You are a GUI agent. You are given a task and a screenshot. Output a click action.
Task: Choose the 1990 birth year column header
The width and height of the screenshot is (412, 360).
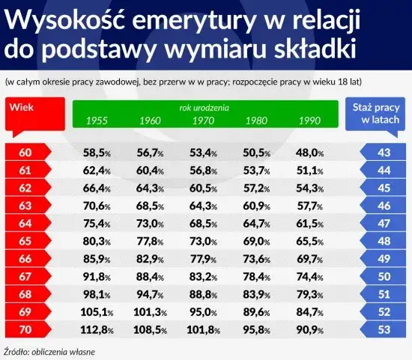coord(309,120)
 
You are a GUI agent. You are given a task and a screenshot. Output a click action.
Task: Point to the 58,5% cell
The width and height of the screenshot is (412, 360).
coord(98,153)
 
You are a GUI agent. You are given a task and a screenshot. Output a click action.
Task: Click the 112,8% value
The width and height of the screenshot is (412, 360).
coord(97,329)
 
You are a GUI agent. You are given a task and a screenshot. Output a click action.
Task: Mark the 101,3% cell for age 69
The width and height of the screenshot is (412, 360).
coord(150,311)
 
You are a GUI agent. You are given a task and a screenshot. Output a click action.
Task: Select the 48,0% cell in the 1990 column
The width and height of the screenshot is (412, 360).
coord(310,153)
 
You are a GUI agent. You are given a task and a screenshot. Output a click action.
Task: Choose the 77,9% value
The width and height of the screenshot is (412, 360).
coord(204,259)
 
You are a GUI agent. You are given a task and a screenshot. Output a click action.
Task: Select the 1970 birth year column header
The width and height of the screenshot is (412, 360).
coord(203,120)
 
